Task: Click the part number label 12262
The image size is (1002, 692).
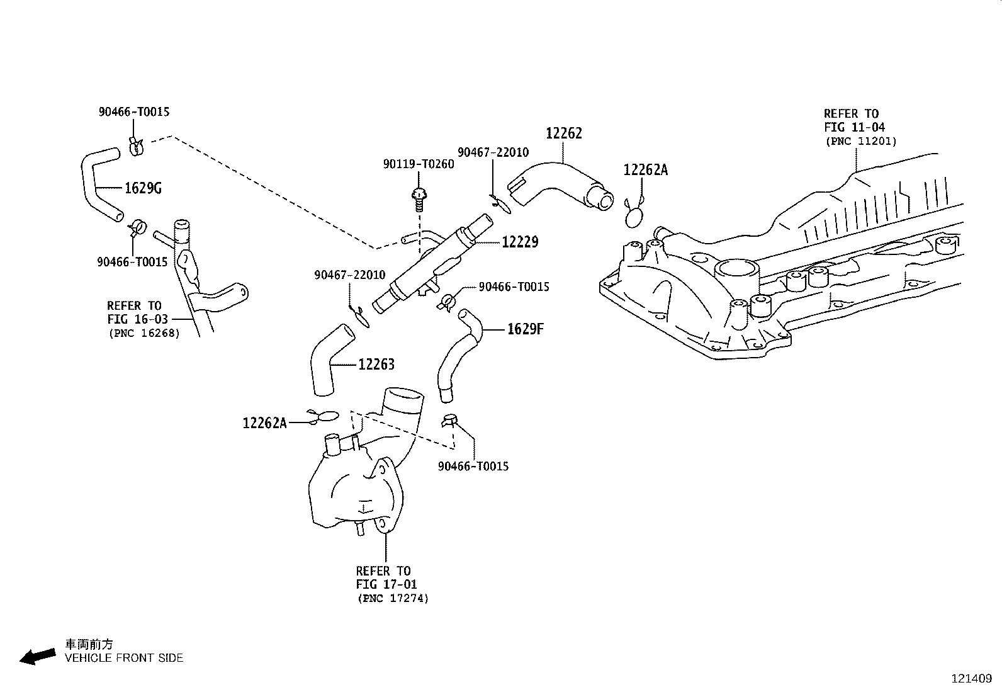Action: pyautogui.click(x=564, y=133)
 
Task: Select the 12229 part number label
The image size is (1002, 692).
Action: pyautogui.click(x=520, y=242)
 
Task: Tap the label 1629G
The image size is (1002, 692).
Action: pyautogui.click(x=143, y=188)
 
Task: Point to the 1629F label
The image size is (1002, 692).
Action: pyautogui.click(x=525, y=329)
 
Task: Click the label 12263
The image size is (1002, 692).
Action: pyautogui.click(x=376, y=365)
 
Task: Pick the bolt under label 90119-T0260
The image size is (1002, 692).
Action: pyautogui.click(x=419, y=200)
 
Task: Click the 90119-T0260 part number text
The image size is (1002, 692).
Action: pyautogui.click(x=419, y=164)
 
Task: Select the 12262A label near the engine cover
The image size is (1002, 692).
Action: pyautogui.click(x=646, y=170)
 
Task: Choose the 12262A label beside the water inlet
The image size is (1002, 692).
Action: pyautogui.click(x=264, y=423)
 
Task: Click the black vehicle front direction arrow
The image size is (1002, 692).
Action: pyautogui.click(x=38, y=656)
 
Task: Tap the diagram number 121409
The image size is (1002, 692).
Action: pyautogui.click(x=972, y=679)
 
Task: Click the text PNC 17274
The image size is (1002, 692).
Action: pyautogui.click(x=393, y=598)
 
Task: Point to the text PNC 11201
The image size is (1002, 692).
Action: pyautogui.click(x=861, y=142)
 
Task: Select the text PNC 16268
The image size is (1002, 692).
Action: pyautogui.click(x=144, y=334)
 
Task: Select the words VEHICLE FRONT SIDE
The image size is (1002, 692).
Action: pyautogui.click(x=124, y=658)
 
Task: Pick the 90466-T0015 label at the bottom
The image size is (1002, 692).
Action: pyautogui.click(x=473, y=467)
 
